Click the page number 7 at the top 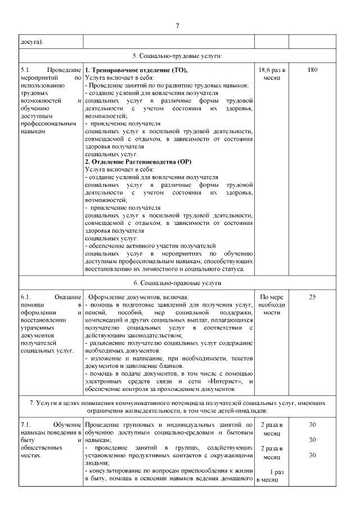177,26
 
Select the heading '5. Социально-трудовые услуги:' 177,56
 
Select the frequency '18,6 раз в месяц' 272,74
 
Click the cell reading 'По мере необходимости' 272,304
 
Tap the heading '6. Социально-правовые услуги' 177,283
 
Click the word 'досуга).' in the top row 31,42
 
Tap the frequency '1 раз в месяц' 272,476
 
